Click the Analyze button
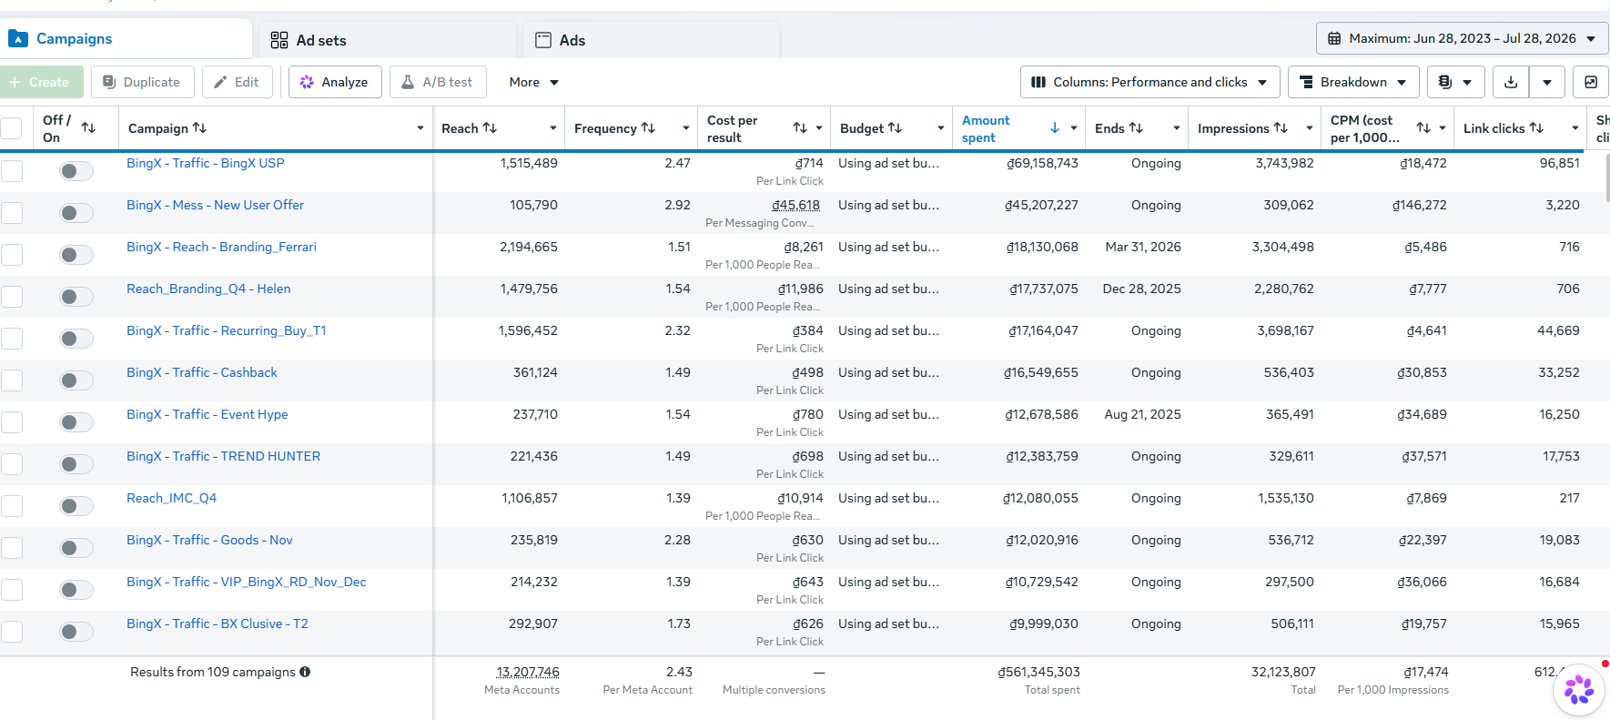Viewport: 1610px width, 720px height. (x=335, y=82)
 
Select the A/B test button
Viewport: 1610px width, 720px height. (x=438, y=82)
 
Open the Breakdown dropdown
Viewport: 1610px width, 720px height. (x=1353, y=82)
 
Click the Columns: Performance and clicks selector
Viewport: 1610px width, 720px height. (x=1150, y=82)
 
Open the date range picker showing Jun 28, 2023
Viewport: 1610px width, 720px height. (x=1462, y=38)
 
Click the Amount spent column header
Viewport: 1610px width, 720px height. (x=986, y=128)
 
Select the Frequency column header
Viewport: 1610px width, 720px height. (x=605, y=128)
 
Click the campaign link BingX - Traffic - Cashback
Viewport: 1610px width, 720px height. (x=201, y=372)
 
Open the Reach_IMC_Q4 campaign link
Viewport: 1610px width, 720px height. (x=171, y=498)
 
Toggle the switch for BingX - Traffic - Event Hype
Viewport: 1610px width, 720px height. (x=76, y=422)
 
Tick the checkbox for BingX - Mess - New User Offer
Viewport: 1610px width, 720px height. (x=12, y=213)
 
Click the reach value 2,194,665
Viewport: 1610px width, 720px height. (x=528, y=247)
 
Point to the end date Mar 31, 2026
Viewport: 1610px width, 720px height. (x=1143, y=247)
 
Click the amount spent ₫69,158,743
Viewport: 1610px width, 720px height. (x=1042, y=163)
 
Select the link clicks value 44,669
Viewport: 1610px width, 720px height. (x=1558, y=330)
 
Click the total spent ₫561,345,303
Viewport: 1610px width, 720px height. (x=1038, y=672)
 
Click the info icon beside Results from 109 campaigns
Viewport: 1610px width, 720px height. (x=305, y=672)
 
